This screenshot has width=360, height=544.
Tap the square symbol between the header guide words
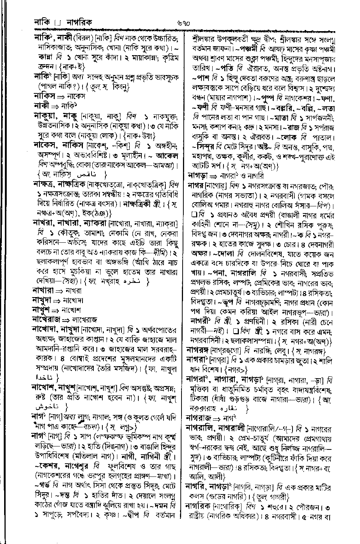pyautogui.click(x=57, y=24)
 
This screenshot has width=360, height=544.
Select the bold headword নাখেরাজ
pyautogui.click(x=46, y=320)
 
